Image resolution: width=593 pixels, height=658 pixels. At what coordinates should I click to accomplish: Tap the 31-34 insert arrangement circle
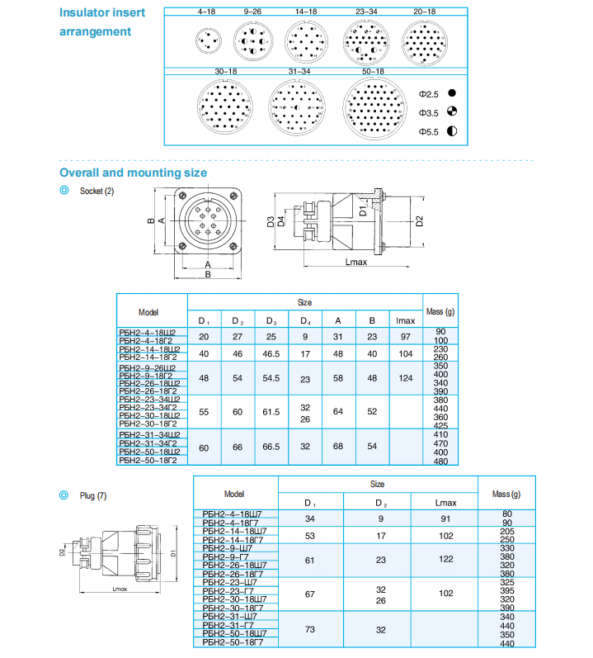pyautogui.click(x=299, y=107)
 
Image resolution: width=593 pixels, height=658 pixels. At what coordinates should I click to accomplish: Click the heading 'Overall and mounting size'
pyautogui.click(x=133, y=173)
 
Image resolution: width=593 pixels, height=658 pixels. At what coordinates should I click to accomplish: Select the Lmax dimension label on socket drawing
pyautogui.click(x=356, y=261)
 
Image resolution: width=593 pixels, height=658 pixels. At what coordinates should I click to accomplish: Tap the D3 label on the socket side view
pyautogui.click(x=271, y=220)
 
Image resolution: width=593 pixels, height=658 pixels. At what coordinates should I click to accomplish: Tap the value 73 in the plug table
pyautogui.click(x=310, y=629)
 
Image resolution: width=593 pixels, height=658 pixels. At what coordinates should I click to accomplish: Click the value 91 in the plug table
pyautogui.click(x=445, y=518)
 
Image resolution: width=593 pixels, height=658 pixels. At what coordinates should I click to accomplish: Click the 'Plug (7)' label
pyautogui.click(x=93, y=496)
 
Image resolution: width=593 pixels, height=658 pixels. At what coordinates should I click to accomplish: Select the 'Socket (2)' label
pyautogui.click(x=97, y=191)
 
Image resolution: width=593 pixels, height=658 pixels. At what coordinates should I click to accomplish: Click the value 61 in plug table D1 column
pyautogui.click(x=310, y=559)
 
